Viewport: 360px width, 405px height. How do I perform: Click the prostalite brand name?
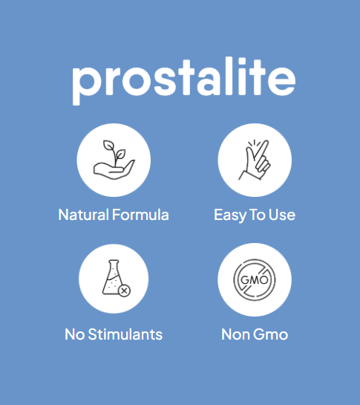183,80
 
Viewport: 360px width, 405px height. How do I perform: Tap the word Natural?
83,215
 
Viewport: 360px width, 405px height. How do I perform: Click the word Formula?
140,215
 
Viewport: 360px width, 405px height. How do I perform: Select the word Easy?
230,216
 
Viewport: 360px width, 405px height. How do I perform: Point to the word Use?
282,215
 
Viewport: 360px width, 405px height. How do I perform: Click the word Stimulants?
125,334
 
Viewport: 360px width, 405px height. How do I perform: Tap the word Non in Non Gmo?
235,334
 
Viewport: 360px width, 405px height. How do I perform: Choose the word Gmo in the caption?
270,334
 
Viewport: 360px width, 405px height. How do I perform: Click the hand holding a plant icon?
114,160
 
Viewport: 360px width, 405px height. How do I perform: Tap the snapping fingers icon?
255,160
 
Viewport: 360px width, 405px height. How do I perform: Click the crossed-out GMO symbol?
255,279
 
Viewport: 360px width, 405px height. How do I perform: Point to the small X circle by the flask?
124,291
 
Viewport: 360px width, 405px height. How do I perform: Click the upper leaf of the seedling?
108,145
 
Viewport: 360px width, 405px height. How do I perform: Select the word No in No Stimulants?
74,334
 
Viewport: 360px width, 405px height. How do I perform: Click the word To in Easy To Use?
257,215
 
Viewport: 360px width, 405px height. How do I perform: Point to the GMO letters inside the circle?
255,280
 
